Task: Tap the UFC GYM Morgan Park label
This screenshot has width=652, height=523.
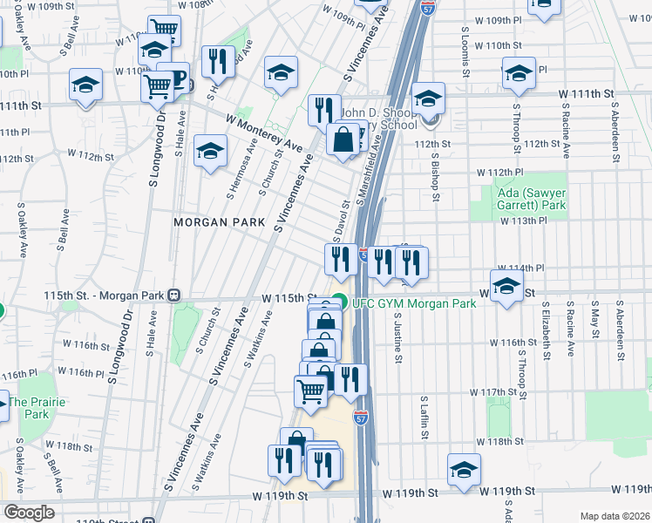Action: (x=413, y=303)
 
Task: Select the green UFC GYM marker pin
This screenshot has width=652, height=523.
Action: (x=340, y=303)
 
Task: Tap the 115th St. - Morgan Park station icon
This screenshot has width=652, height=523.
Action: (x=174, y=295)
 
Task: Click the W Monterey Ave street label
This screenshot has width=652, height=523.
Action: (x=263, y=132)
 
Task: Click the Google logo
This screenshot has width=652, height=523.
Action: (x=29, y=513)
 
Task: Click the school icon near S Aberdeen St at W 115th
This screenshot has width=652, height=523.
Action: (x=506, y=285)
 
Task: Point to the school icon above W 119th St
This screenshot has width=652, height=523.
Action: (x=464, y=468)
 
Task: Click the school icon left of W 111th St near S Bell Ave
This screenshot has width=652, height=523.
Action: (x=86, y=85)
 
